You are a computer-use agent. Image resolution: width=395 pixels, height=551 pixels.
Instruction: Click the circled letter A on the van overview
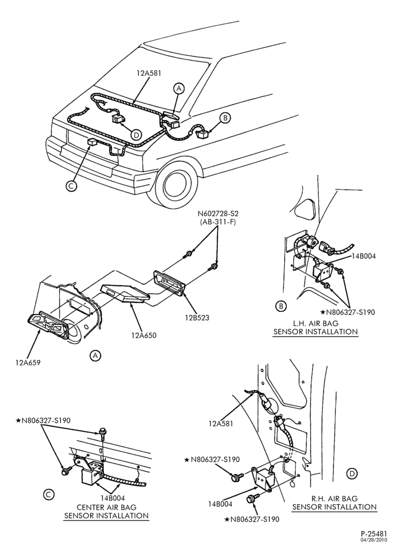(x=179, y=89)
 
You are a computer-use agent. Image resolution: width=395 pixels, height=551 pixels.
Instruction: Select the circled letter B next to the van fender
(x=226, y=118)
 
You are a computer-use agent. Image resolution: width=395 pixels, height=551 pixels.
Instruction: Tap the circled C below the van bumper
(x=71, y=186)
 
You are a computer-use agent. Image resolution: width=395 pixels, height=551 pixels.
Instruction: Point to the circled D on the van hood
(x=136, y=134)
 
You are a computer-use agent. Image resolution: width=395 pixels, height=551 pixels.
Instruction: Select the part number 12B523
(x=197, y=318)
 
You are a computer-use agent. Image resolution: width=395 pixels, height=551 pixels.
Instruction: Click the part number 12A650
(x=144, y=335)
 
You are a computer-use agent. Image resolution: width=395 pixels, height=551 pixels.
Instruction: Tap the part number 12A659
(x=28, y=363)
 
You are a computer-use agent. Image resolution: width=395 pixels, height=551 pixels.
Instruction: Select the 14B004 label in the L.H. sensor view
(x=364, y=256)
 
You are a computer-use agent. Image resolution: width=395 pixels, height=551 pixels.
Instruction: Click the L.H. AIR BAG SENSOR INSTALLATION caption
(x=315, y=327)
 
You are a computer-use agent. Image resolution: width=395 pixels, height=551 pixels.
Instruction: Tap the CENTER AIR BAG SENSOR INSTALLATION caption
(x=106, y=511)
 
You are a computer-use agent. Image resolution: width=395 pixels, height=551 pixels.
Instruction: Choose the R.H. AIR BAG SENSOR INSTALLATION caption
(x=334, y=502)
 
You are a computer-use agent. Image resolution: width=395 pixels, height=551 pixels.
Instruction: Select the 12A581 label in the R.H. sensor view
(x=221, y=424)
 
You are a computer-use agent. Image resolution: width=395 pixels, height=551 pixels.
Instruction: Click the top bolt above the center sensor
(x=103, y=433)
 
